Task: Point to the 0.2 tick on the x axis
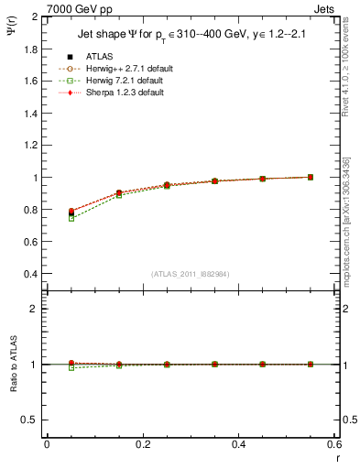coord(142,443)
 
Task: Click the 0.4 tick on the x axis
coord(238,443)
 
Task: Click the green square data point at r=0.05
coord(71,218)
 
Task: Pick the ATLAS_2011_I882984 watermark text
coord(191,274)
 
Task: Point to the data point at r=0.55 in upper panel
coord(311,177)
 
